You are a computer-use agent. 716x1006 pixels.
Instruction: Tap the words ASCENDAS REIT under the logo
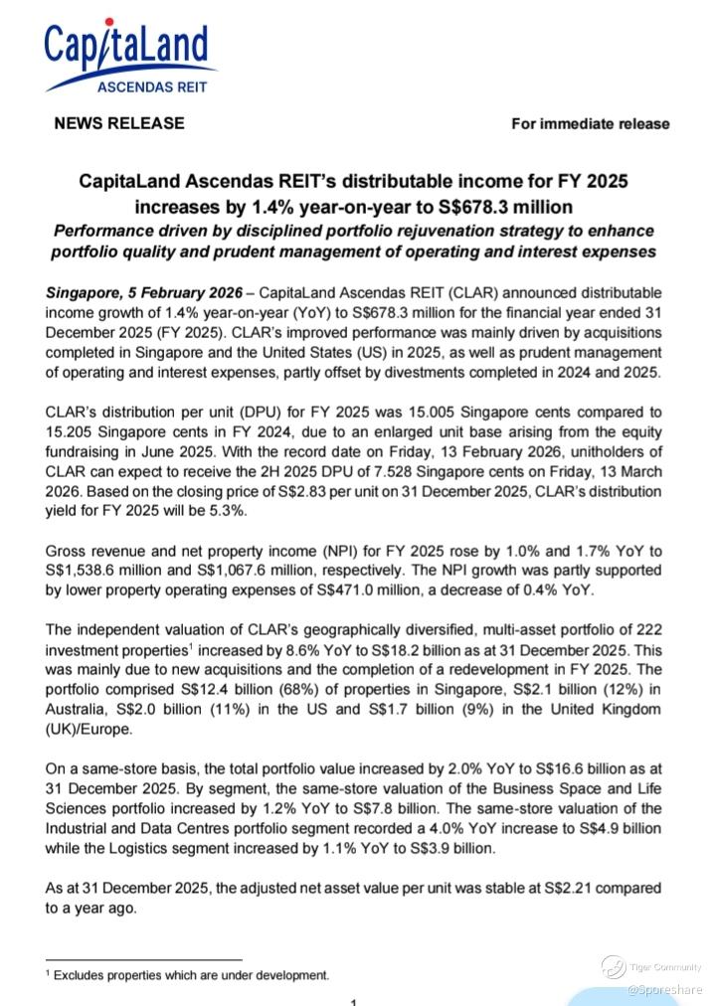152,86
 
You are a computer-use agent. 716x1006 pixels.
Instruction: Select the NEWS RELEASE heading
118,123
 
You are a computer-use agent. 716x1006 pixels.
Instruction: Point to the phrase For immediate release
590,124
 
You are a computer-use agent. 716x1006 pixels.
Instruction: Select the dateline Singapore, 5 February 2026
144,295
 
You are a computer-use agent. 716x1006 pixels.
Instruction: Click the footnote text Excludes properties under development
191,975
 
